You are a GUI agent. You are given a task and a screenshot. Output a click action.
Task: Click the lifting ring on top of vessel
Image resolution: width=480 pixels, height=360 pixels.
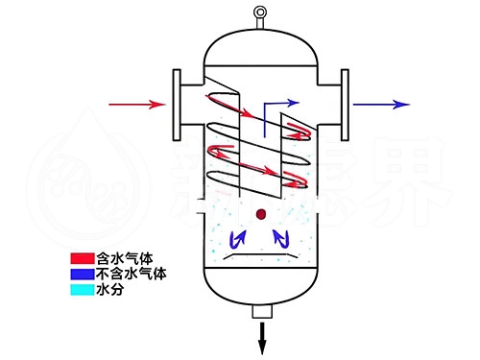(258, 12)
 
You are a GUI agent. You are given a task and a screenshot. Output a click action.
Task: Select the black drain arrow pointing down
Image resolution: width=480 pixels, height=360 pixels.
(261, 337)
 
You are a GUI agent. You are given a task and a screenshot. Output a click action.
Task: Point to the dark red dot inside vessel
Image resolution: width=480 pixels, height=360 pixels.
(261, 214)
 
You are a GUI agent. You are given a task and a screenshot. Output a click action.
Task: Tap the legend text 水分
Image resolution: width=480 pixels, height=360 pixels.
(110, 288)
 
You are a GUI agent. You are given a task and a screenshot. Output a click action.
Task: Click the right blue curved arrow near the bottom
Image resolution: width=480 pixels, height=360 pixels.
(282, 236)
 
